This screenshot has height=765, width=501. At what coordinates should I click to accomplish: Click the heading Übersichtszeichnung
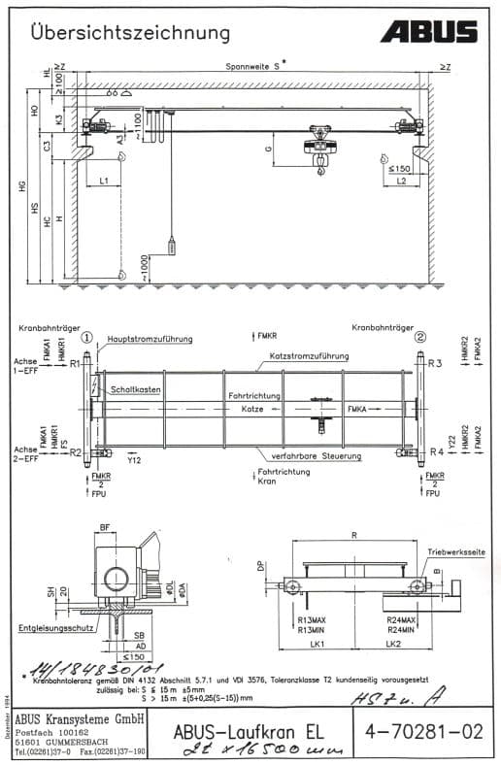(x=130, y=33)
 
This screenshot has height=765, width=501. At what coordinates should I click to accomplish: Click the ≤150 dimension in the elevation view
(x=398, y=168)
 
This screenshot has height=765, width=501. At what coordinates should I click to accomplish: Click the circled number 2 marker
(x=420, y=338)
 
